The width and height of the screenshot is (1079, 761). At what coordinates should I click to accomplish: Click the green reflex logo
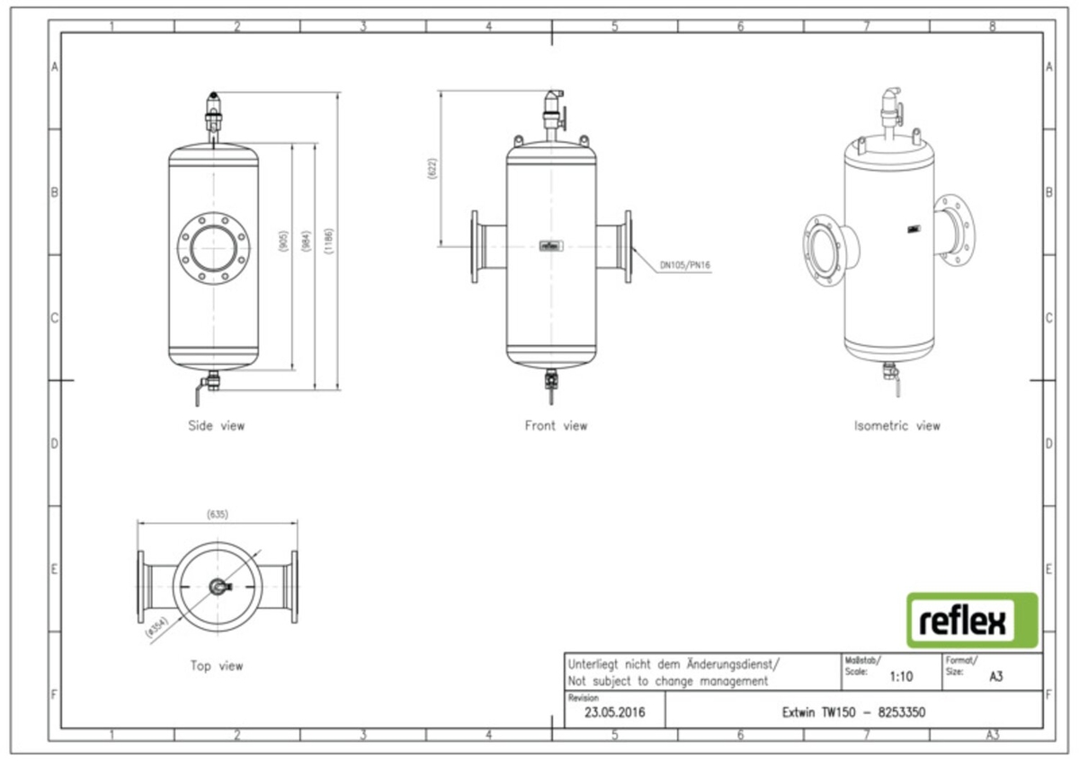(x=972, y=620)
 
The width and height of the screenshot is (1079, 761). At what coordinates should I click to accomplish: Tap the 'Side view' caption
(x=216, y=425)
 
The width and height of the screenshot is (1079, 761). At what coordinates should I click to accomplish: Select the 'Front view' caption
(x=556, y=425)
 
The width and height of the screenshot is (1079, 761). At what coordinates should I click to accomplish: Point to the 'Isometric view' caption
(x=896, y=425)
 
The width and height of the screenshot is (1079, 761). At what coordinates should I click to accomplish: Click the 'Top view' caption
(x=216, y=666)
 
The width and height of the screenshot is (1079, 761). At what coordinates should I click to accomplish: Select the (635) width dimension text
(x=217, y=515)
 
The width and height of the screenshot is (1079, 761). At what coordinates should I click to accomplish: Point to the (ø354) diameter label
(x=156, y=627)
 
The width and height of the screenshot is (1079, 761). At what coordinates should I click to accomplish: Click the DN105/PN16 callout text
(x=685, y=265)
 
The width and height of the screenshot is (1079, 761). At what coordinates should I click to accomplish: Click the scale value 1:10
(x=902, y=677)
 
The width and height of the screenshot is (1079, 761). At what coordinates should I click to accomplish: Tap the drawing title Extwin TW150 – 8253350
(x=853, y=712)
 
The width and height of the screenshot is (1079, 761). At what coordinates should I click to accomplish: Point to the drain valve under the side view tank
(x=210, y=385)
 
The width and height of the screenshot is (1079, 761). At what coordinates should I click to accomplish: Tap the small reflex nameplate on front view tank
(x=550, y=244)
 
